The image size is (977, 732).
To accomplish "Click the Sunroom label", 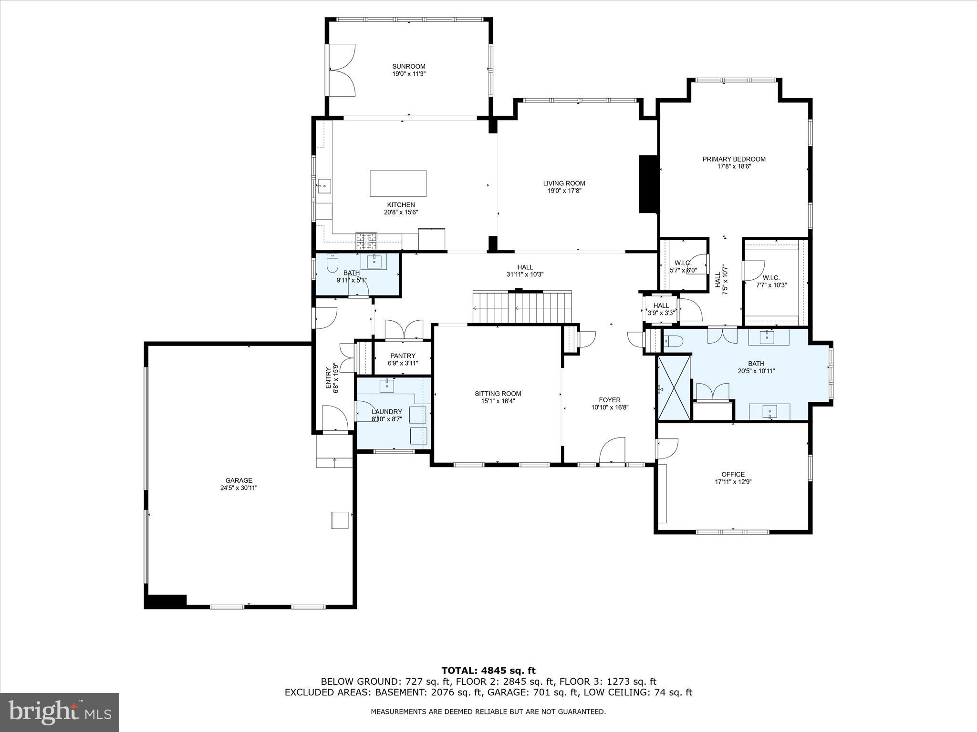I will (408, 67).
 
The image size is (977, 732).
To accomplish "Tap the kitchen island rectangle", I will (398, 183).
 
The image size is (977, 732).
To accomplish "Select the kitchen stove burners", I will (366, 241).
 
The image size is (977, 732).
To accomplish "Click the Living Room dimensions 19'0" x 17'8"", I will (564, 191).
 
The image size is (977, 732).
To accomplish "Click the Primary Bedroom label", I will (733, 159).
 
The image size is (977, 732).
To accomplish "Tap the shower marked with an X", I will (674, 387).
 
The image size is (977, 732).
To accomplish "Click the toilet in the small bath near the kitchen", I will (333, 264).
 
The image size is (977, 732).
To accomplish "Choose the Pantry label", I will (402, 356).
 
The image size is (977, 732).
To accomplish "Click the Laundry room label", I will (386, 412).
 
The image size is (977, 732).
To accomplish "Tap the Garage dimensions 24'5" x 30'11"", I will (239, 488).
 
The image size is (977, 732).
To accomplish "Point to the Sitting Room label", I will (498, 394).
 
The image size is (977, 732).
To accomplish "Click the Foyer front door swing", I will (612, 450).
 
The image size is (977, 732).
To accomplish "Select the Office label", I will (733, 474).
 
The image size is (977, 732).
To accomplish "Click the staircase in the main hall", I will (522, 307).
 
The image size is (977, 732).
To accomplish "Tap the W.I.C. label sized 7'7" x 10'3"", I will (771, 278).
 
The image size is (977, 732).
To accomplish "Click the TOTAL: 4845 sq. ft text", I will (488, 671).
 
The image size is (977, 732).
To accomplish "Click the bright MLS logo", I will (60, 712).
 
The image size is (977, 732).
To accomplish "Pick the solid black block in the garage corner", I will (166, 601).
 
